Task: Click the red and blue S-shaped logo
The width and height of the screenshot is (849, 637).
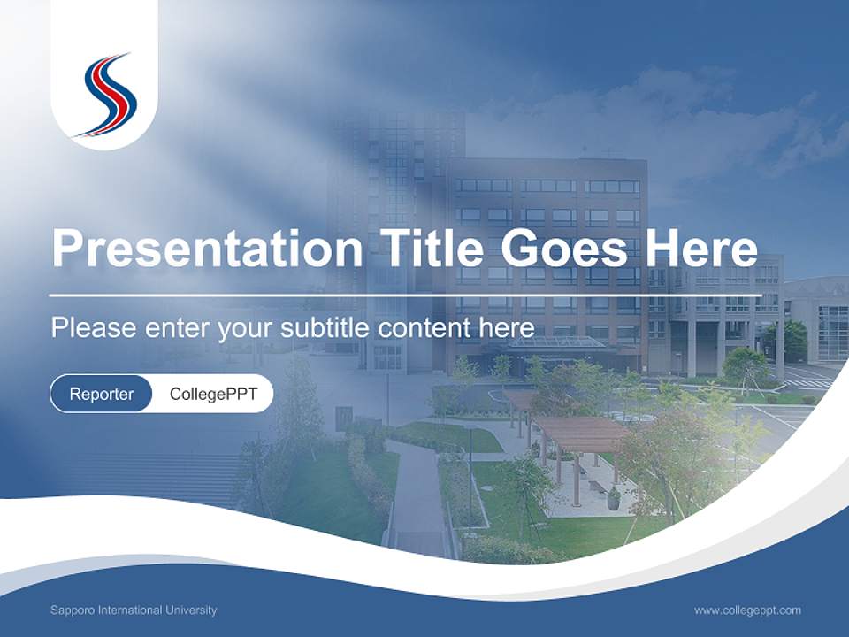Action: [105, 96]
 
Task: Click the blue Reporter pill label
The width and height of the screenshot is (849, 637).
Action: [101, 394]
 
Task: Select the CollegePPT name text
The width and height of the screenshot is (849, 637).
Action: [213, 394]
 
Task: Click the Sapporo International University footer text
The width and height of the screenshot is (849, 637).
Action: [134, 610]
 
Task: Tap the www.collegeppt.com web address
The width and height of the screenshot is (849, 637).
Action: [747, 610]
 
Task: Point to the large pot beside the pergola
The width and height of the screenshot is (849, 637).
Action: [613, 500]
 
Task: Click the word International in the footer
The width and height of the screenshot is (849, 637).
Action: [129, 610]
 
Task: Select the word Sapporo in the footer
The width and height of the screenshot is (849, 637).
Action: [70, 610]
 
